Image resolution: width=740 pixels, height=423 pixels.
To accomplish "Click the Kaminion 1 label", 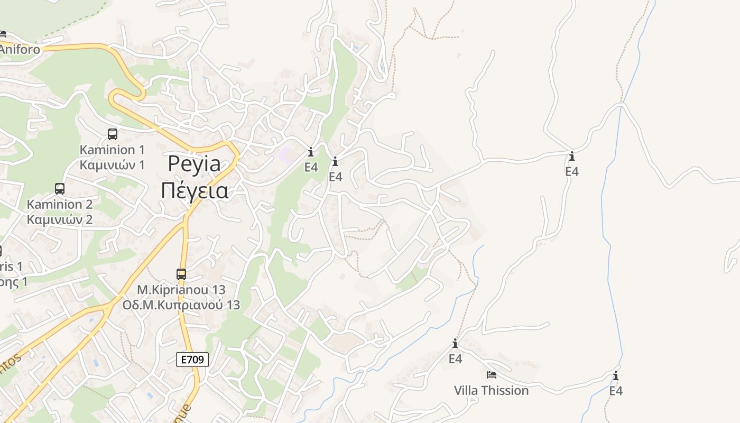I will coord(112,149).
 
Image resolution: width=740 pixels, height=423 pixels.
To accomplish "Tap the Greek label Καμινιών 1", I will coord(112,164).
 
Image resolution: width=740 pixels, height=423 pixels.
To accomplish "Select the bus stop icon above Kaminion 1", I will coord(112,134).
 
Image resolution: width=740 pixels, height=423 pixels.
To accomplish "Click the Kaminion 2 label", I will coord(60,204).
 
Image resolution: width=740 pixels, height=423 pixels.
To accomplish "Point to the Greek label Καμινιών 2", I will coord(60,219).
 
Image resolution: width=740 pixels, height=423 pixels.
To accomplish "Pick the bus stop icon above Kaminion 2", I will coord(60,189).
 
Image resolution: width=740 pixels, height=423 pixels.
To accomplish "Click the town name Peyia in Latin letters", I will coord(195,164).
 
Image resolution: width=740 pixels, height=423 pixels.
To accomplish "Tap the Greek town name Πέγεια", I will coord(195,190).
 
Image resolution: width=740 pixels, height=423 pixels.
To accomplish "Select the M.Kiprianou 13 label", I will coord(181,290).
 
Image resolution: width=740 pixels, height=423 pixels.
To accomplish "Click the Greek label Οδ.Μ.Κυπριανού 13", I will coord(181,305).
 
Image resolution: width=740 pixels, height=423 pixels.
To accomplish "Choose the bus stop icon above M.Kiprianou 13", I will coord(181,274).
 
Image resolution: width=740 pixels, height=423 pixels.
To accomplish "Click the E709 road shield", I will coord(192,360).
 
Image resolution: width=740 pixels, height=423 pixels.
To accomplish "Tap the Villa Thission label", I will coord(491,390).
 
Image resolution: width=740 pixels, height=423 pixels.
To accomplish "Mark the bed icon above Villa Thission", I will coord(492,375).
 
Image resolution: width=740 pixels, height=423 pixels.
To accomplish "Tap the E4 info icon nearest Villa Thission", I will coord(455,344).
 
